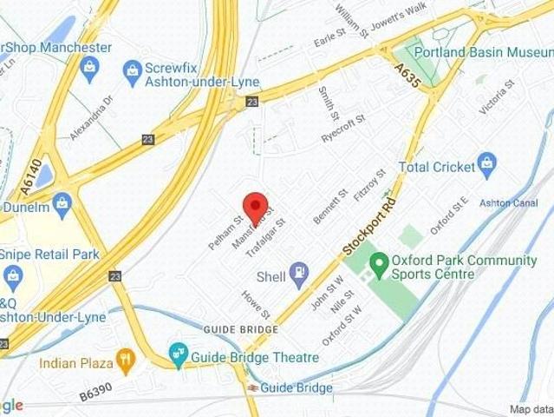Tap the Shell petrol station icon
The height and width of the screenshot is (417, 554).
coord(299,275)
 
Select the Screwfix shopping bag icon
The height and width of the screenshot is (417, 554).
coord(133,68)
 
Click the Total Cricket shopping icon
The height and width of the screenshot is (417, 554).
coord(487,162)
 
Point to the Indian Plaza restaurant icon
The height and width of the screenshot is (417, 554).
coord(127,358)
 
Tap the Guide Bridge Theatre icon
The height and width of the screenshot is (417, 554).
coord(179,352)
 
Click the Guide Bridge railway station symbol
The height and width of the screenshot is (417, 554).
coord(252,387)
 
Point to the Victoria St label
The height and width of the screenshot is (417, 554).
coord(497,98)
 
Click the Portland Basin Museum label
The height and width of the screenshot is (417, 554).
coord(483,52)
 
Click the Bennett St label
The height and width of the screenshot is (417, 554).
coord(329,204)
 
